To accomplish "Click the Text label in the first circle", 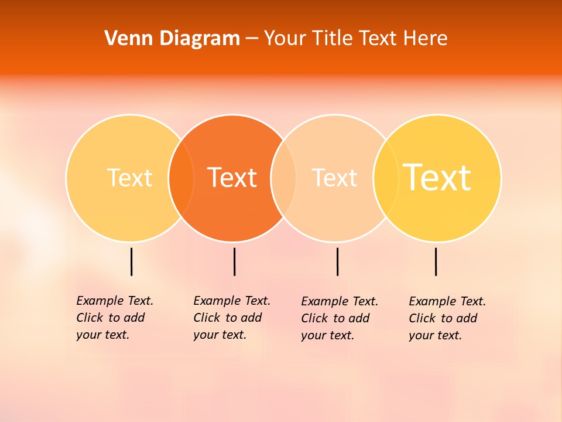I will coord(129,178).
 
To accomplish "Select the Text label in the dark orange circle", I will coord(232,178).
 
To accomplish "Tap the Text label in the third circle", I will coord(334,178).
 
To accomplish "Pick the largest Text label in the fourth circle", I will coord(437,178).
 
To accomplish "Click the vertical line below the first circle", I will coord(131,261).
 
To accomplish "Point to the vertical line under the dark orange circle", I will coord(234,261).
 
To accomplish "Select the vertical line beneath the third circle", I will coord(337,261).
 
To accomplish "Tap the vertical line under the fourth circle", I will coord(436,261).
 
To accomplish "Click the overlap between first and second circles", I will coord(181,178).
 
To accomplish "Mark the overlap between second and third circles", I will coord(284,178).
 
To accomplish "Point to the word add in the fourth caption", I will coord(467,318).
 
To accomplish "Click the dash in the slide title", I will coord(252,39).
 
